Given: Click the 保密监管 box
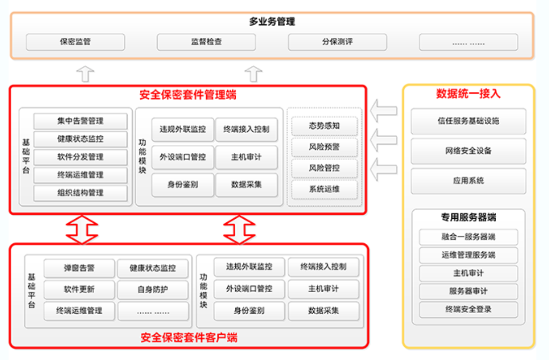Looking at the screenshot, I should click(75, 42).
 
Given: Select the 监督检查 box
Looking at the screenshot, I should click(207, 42).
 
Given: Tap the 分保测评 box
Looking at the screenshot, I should click(337, 42).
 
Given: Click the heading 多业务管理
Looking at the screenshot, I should click(272, 22).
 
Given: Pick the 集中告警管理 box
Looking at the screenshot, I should click(80, 121).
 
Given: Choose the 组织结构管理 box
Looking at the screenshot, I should click(80, 193).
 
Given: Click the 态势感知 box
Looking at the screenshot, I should click(324, 126).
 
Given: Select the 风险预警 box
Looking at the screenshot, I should click(324, 147).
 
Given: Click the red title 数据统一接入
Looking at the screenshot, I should click(468, 94).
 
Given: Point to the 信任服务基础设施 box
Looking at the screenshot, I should click(469, 121).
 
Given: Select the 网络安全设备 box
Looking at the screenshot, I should click(469, 151).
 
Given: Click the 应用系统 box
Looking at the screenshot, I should click(469, 181).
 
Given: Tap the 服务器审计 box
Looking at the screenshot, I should click(469, 291).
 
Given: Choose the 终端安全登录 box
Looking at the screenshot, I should click(469, 309).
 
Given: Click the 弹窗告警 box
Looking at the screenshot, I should click(79, 268).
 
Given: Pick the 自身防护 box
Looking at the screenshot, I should click(153, 290).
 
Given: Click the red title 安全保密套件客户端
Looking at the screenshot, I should click(189, 337).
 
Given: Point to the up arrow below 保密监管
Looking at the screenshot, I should click(85, 74).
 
